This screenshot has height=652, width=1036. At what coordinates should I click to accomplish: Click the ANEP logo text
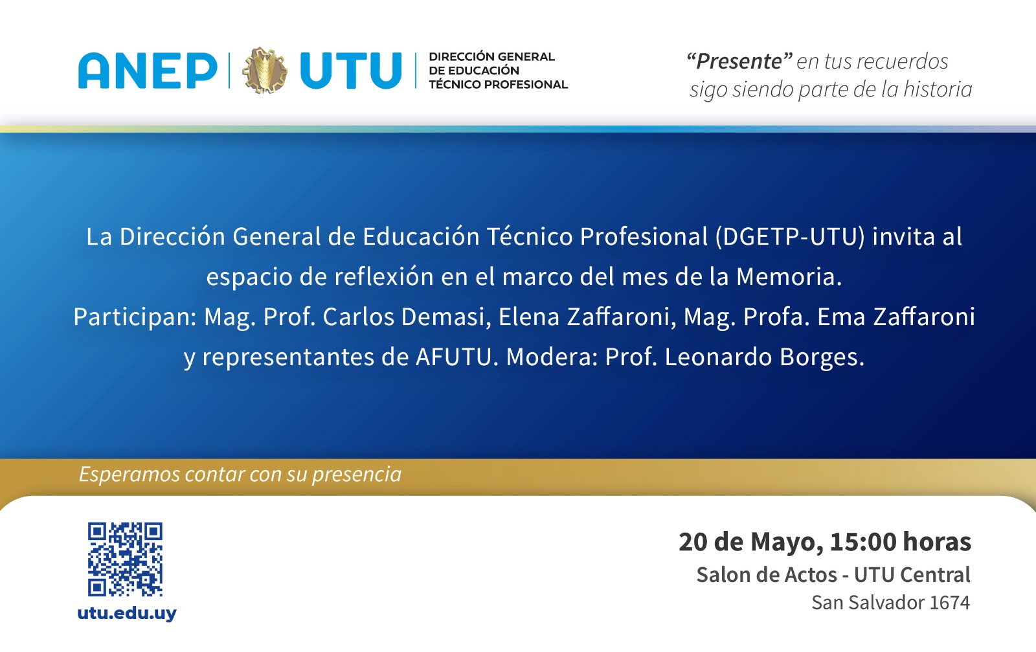148,71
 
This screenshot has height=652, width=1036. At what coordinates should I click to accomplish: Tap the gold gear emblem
265,71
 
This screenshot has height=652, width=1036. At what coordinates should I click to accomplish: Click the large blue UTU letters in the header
351,71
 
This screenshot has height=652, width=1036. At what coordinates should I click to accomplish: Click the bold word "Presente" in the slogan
739,61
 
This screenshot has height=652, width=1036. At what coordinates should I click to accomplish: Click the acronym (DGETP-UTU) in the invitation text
790,237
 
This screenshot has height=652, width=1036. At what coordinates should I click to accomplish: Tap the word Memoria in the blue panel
789,276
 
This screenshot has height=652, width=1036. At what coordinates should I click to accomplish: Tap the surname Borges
822,357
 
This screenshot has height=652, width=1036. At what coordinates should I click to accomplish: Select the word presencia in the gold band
357,475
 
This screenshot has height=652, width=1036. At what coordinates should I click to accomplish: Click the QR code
125,559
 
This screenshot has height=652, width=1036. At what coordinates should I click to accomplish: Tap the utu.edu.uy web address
127,613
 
